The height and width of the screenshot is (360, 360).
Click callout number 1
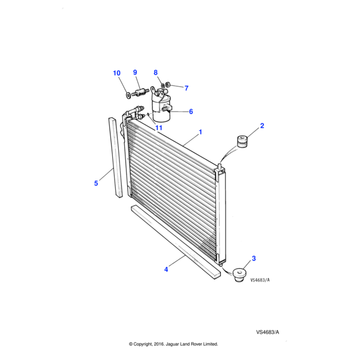point(200,132)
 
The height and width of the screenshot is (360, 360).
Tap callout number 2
point(262,126)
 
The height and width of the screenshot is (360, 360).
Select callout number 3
point(253,259)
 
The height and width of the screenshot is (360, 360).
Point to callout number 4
point(166,269)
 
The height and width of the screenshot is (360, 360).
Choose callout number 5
point(96,183)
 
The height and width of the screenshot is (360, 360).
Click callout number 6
point(191,112)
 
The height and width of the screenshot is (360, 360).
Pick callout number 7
point(186,88)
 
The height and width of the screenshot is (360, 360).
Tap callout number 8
point(155,73)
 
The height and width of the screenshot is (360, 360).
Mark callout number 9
point(135,73)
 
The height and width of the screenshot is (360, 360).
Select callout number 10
point(116,73)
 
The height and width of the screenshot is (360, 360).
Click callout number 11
point(159,128)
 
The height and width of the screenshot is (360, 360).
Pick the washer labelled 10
point(127,94)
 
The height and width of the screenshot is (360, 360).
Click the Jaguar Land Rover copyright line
point(173,344)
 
